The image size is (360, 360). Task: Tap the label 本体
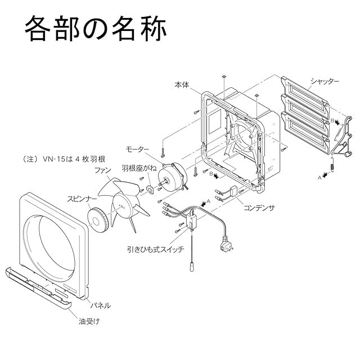point(182,83)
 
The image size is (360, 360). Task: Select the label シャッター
point(325,81)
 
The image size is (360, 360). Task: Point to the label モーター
point(137,149)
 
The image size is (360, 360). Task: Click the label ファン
point(102,170)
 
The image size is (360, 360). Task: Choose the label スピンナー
point(82,198)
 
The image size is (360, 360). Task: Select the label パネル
point(101,305)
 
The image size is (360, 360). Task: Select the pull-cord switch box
point(193,220)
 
